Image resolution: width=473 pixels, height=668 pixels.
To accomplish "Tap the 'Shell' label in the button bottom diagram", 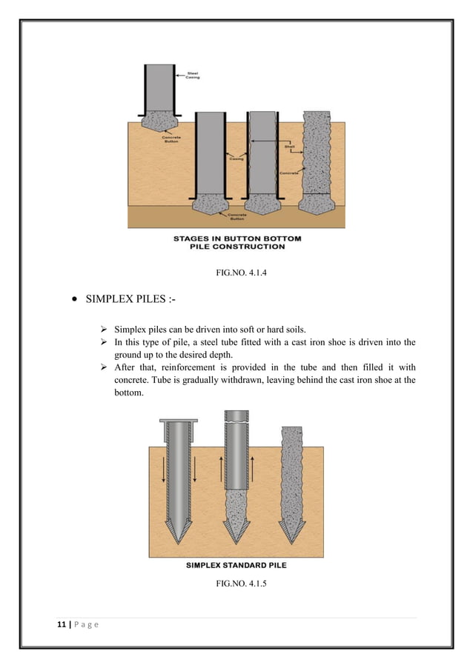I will [x=290, y=147].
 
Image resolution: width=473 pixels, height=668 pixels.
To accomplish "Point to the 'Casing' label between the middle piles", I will [x=236, y=158].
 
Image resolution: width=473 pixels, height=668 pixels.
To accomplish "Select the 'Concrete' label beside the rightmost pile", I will [x=289, y=172].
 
